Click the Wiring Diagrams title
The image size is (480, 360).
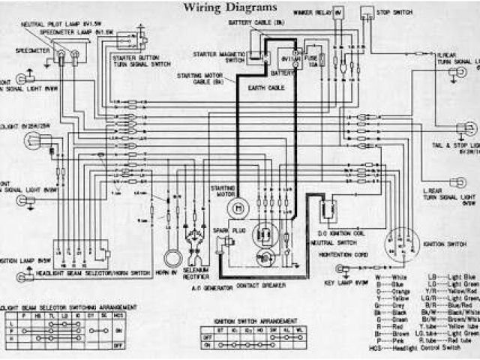coord(230,7)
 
